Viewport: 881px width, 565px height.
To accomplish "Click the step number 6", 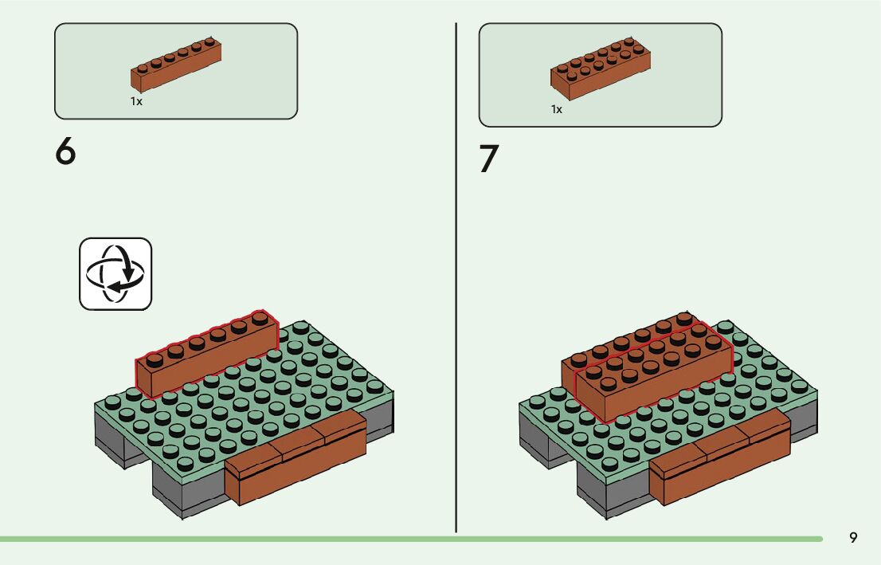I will [66, 151].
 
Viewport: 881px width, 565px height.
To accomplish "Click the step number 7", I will [488, 159].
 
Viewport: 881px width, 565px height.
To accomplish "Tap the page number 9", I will [853, 538].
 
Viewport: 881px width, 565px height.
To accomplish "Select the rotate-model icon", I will [116, 273].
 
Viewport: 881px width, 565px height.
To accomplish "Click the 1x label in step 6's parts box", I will [136, 102].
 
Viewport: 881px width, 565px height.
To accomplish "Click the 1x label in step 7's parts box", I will [557, 109].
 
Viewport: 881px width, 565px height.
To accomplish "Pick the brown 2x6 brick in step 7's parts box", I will [600, 69].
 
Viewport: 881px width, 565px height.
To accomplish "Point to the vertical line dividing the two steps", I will [456, 279].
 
